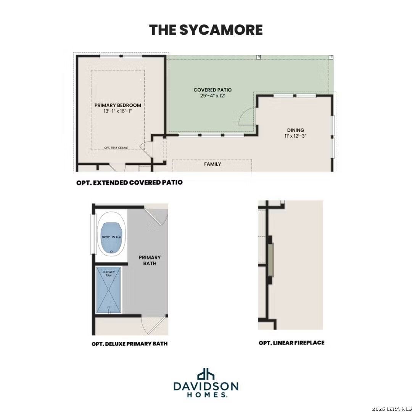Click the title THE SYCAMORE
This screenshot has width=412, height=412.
pyautogui.click(x=206, y=30)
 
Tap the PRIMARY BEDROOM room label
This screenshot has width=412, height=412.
pyautogui.click(x=118, y=105)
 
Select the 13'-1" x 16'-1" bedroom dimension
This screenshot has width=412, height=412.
pyautogui.click(x=118, y=111)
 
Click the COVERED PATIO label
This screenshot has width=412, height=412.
pyautogui.click(x=212, y=90)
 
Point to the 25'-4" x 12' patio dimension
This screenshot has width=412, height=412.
pyautogui.click(x=212, y=96)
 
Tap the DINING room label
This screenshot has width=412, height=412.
pyautogui.click(x=296, y=130)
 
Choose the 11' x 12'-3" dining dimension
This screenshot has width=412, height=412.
pyautogui.click(x=296, y=136)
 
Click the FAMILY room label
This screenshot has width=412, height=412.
pyautogui.click(x=212, y=164)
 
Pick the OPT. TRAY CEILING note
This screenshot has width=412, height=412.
pyautogui.click(x=116, y=148)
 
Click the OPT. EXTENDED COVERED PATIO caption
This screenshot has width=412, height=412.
pyautogui.click(x=130, y=183)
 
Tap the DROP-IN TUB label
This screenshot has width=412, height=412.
pyautogui.click(x=112, y=237)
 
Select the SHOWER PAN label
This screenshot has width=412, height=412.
pyautogui.click(x=108, y=274)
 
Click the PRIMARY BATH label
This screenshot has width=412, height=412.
pyautogui.click(x=150, y=261)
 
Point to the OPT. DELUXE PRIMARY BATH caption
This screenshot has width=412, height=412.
pyautogui.click(x=130, y=344)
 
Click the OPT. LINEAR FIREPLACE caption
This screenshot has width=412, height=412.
pyautogui.click(x=291, y=343)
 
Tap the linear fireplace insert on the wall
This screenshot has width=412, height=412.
pyautogui.click(x=271, y=259)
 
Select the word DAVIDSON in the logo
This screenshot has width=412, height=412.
pyautogui.click(x=206, y=386)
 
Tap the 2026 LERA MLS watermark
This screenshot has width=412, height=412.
pyautogui.click(x=391, y=409)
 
